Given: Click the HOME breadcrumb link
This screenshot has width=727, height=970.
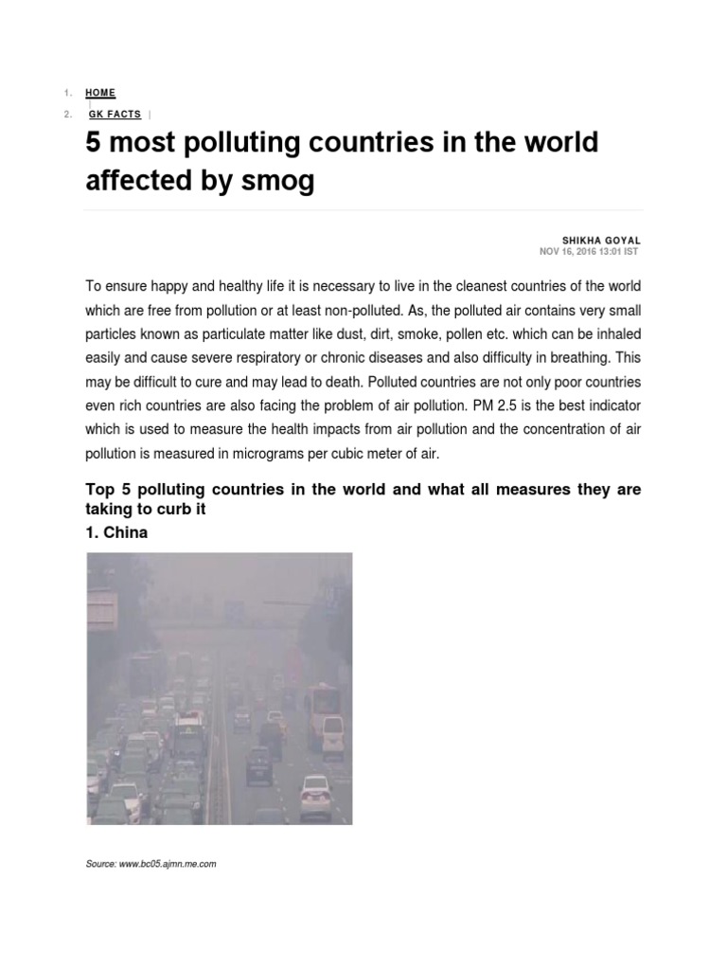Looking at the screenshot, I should (100, 93).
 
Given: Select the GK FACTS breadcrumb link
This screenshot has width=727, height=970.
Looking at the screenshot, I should (114, 115).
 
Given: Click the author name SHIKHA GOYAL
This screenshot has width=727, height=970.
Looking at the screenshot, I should (602, 241).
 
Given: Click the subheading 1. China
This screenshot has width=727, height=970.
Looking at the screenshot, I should (116, 532).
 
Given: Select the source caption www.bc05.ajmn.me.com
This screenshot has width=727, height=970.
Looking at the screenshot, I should (168, 864).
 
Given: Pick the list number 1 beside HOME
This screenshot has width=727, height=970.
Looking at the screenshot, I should (67, 93).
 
